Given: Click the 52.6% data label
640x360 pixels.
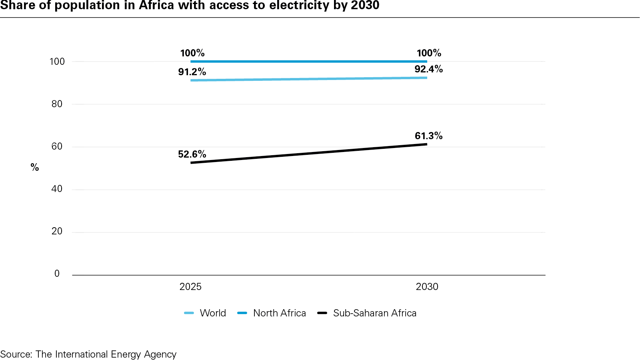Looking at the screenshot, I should pyautogui.click(x=192, y=154).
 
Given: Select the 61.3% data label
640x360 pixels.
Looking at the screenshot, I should pyautogui.click(x=428, y=136).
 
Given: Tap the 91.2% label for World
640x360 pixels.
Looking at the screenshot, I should pyautogui.click(x=192, y=72).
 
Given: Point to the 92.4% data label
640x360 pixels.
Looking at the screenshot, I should pyautogui.click(x=428, y=69).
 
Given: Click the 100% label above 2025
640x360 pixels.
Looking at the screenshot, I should pyautogui.click(x=192, y=53).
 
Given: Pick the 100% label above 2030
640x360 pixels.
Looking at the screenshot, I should pyautogui.click(x=428, y=53).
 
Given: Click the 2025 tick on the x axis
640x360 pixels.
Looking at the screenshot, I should pyautogui.click(x=190, y=287).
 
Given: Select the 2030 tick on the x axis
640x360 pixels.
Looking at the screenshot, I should pyautogui.click(x=427, y=287).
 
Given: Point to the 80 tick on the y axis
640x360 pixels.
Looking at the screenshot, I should pyautogui.click(x=57, y=104).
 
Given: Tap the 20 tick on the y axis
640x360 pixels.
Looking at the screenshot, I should pyautogui.click(x=57, y=231).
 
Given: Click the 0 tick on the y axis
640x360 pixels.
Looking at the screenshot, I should pyautogui.click(x=57, y=274).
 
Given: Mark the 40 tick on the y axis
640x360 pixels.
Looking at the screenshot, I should pyautogui.click(x=57, y=189).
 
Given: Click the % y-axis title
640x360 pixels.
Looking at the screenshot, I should pyautogui.click(x=35, y=168).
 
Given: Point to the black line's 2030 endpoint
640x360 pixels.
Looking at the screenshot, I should pyautogui.click(x=426, y=144).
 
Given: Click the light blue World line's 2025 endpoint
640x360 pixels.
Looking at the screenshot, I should pyautogui.click(x=191, y=80).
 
